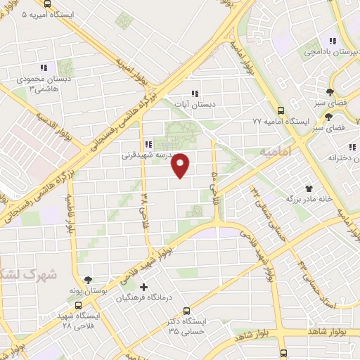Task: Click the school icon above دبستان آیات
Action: click(x=195, y=94)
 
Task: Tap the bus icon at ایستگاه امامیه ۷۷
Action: click(x=281, y=110)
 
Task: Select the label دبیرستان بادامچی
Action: click(x=331, y=52)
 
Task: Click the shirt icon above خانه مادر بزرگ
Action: click(x=308, y=188)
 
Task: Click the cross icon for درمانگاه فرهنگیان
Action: click(x=143, y=287)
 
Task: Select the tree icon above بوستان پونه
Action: click(x=89, y=279)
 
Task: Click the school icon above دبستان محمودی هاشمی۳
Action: click(x=43, y=67)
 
